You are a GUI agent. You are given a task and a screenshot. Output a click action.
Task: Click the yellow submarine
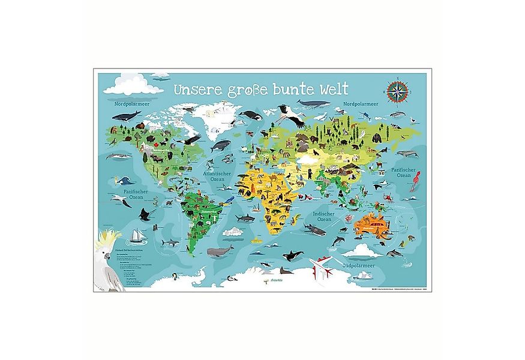[x=256, y=240]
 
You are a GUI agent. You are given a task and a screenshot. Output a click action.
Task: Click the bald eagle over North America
[x=192, y=139]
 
